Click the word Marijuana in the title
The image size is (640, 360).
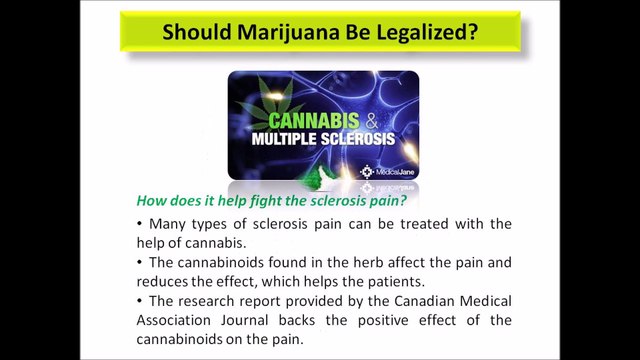pyautogui.click(x=293, y=32)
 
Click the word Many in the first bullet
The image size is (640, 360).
pyautogui.click(x=167, y=223)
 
